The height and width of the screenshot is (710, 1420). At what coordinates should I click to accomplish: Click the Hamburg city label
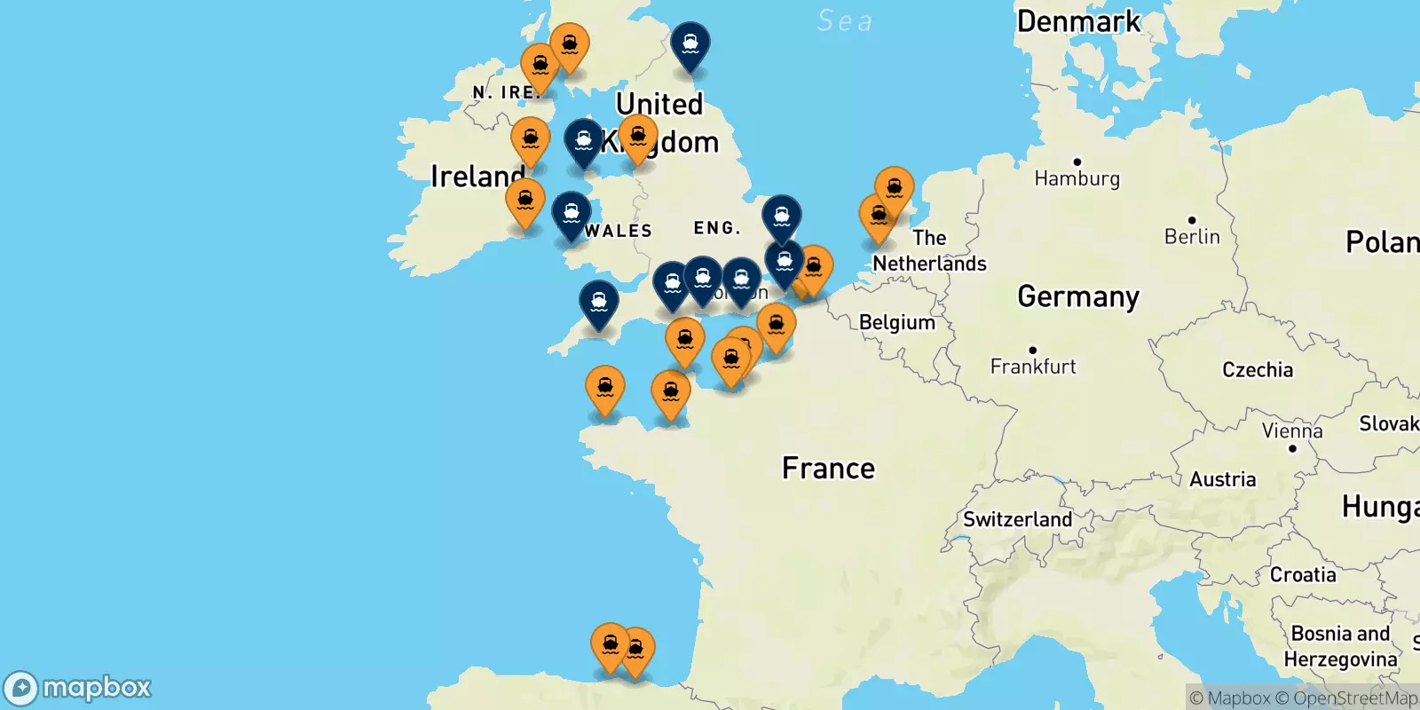pyautogui.click(x=1077, y=178)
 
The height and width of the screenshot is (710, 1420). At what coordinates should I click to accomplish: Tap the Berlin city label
pyautogui.click(x=1192, y=236)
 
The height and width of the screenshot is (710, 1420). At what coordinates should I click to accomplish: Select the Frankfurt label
pyautogui.click(x=1033, y=366)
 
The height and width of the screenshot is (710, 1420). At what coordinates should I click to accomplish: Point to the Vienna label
pyautogui.click(x=1292, y=431)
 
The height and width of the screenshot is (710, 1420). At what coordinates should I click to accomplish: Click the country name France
pyautogui.click(x=828, y=468)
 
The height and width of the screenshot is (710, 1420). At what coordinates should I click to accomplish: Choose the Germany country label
pyautogui.click(x=1078, y=296)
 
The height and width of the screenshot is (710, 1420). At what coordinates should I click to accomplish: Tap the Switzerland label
pyautogui.click(x=1017, y=519)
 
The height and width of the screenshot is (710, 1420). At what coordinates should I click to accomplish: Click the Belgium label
pyautogui.click(x=896, y=322)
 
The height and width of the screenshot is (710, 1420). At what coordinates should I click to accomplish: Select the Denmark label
pyautogui.click(x=1078, y=21)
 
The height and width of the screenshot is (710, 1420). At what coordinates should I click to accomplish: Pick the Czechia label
pyautogui.click(x=1258, y=370)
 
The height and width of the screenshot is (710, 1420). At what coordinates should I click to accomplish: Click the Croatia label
pyautogui.click(x=1302, y=575)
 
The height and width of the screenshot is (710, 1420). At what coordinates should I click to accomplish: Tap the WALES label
pyautogui.click(x=619, y=231)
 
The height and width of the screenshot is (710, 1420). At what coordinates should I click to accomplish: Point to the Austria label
pyautogui.click(x=1222, y=479)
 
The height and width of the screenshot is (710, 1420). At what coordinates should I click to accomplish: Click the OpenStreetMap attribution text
pyautogui.click(x=1355, y=698)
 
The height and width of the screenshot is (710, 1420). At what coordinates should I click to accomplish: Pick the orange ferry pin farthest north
pyautogui.click(x=569, y=43)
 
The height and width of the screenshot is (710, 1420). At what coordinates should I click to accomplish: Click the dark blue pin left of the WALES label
pyautogui.click(x=572, y=214)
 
